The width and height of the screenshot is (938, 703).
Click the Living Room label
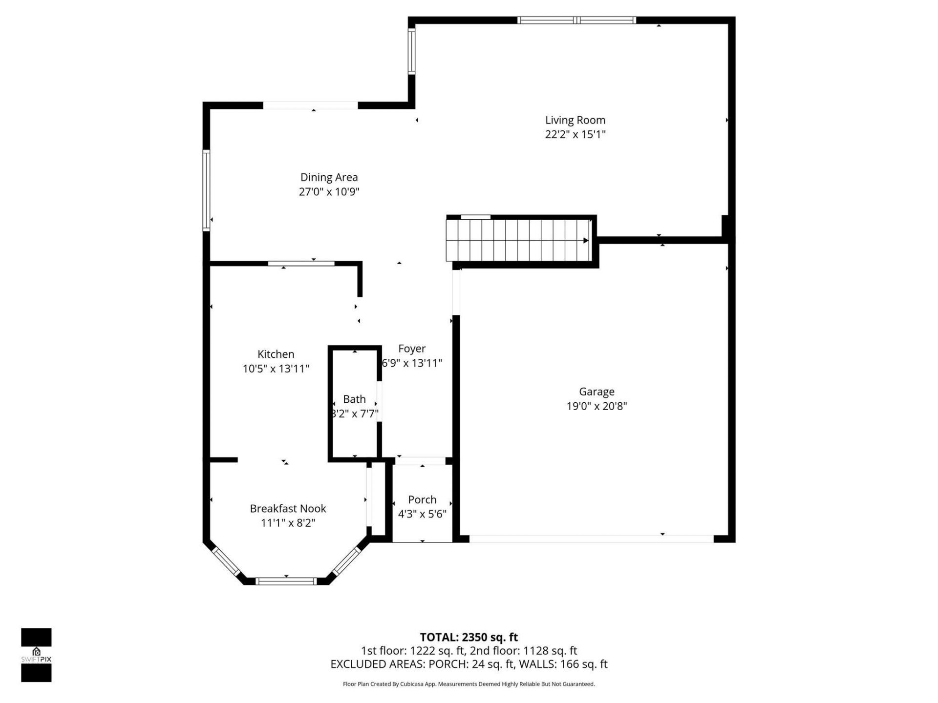pos(575,120)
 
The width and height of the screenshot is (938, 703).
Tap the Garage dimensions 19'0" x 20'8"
pos(597,406)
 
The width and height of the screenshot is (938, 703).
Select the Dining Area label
pos(329,177)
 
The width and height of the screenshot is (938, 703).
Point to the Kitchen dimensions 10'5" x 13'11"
pos(276,369)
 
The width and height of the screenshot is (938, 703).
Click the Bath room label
pos(354,399)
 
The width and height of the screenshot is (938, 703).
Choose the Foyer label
pos(412,349)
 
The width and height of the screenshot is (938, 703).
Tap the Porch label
pos(422,499)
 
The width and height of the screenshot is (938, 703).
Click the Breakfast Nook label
pos(288,508)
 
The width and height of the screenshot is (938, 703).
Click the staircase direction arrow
pos(585,240)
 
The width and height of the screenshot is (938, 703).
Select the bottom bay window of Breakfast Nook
pos(286,581)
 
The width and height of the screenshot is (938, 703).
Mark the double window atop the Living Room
pos(576,20)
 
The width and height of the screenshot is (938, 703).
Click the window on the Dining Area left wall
pos(207,190)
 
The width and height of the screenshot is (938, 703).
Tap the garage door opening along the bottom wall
pos(591,539)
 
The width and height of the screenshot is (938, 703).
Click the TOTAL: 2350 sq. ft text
pos(469,637)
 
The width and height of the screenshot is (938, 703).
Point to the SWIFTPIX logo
pos(36,655)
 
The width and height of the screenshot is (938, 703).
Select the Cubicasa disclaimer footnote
pos(469,684)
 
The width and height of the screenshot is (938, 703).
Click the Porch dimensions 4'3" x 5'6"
pos(422,514)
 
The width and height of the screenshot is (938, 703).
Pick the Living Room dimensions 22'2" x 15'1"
pos(575,134)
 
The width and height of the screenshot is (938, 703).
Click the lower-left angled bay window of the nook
pos(225,561)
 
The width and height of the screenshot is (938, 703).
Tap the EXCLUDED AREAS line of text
pos(469,664)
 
